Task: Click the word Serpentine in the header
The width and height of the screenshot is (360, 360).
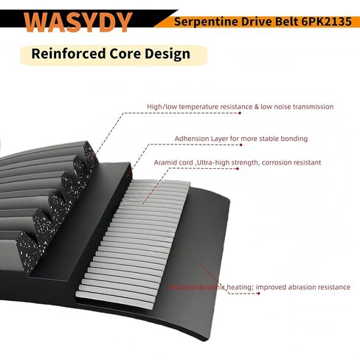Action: tap(203, 21)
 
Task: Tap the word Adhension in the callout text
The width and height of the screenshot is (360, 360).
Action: tap(193, 138)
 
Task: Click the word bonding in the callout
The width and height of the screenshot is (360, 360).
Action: tap(293, 138)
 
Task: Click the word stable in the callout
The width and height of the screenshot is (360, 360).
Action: tap(266, 138)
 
